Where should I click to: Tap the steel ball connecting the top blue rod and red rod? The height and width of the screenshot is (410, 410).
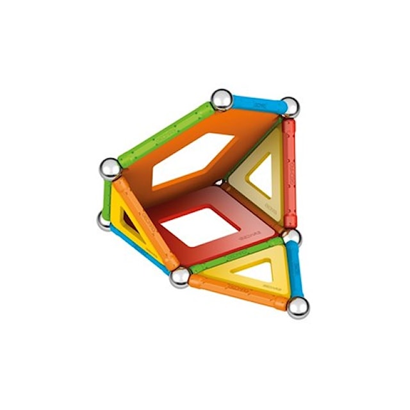(290, 106)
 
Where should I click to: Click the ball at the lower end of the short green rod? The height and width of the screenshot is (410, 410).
(104, 220)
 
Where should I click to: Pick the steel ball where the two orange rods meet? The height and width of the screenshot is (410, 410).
(180, 276)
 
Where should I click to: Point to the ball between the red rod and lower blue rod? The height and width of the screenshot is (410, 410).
(291, 238)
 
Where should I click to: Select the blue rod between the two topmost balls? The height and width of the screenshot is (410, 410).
(256, 103)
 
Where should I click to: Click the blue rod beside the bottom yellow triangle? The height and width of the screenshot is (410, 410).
(295, 272)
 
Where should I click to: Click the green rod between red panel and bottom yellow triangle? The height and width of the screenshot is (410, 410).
(234, 257)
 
